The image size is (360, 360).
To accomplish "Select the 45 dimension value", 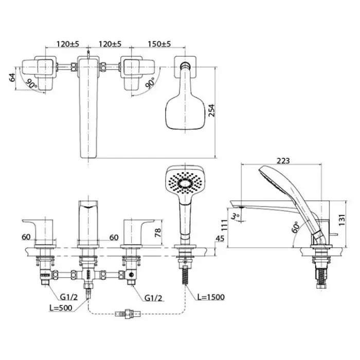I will [x=218, y=239].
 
